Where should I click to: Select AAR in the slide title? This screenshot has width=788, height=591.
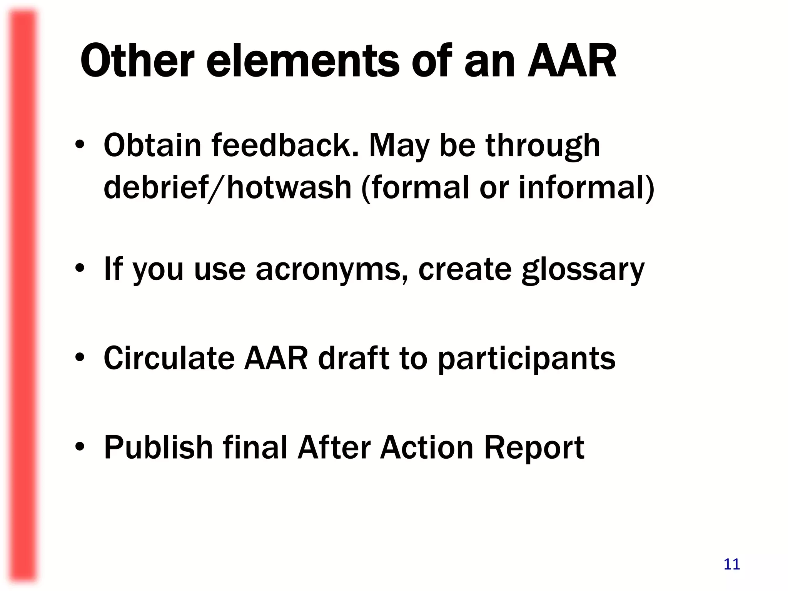(572, 61)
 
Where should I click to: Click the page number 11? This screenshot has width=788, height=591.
(731, 564)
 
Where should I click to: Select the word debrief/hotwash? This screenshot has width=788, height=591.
(227, 187)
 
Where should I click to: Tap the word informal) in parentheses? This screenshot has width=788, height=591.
(586, 187)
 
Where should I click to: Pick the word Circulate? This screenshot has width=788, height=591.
(169, 358)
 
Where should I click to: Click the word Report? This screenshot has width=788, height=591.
(534, 449)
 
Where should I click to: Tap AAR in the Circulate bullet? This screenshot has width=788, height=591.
(276, 358)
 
